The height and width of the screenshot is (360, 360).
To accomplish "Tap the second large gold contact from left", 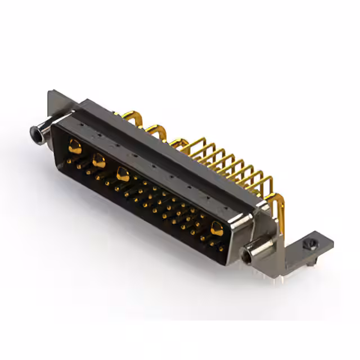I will tap(98, 161).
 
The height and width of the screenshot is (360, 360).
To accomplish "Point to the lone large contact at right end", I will tap(216, 228).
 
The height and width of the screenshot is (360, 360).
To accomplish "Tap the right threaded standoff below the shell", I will tap(248, 256).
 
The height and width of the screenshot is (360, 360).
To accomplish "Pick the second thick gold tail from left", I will tap(157, 130).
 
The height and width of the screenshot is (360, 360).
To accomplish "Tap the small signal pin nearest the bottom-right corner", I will tap(221, 247).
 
